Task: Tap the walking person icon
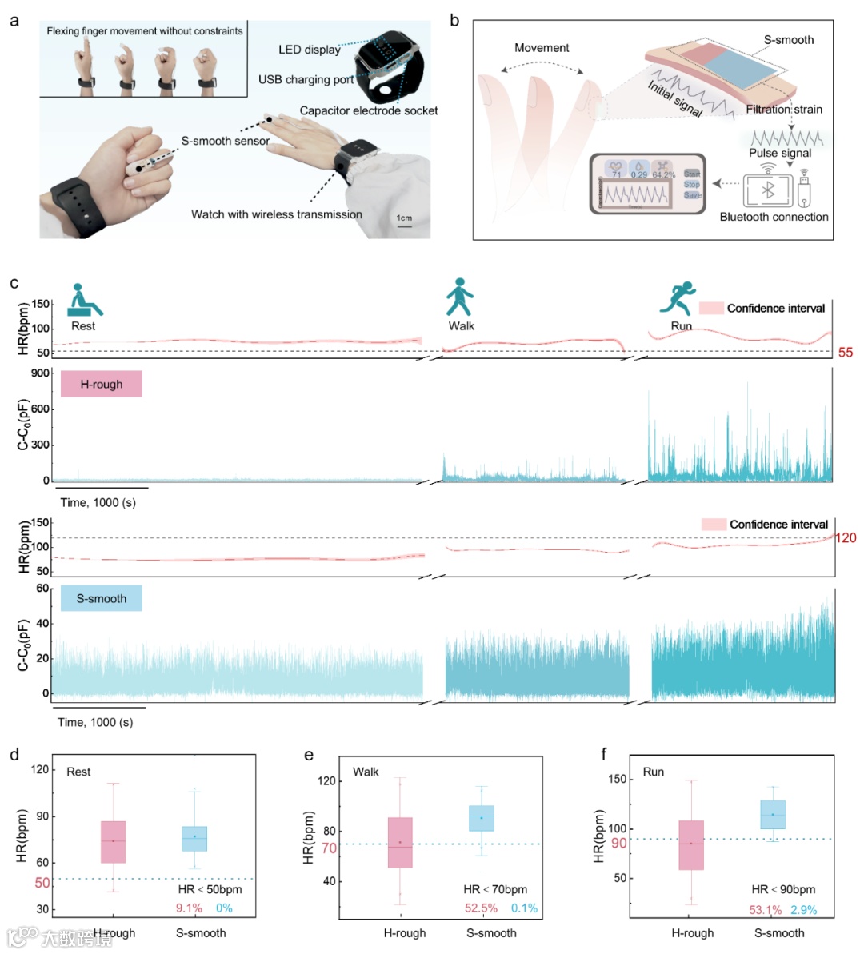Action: click(x=459, y=297)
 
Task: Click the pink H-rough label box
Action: click(x=102, y=384)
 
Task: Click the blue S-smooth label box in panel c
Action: click(x=102, y=598)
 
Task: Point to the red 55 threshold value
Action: click(x=846, y=353)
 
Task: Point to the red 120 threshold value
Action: click(x=846, y=537)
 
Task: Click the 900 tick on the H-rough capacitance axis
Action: click(x=41, y=373)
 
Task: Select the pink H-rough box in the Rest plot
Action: click(x=114, y=841)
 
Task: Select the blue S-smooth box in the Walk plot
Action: click(x=482, y=818)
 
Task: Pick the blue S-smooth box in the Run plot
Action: click(x=773, y=814)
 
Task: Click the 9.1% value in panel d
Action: click(x=189, y=908)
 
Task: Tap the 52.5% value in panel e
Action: click(x=482, y=908)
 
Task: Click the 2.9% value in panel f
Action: click(x=804, y=910)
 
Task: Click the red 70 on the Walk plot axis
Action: click(x=329, y=848)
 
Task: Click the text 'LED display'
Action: click(x=309, y=50)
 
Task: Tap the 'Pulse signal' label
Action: click(x=780, y=153)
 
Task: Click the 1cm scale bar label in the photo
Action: click(x=404, y=218)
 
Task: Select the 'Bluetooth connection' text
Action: click(x=774, y=217)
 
